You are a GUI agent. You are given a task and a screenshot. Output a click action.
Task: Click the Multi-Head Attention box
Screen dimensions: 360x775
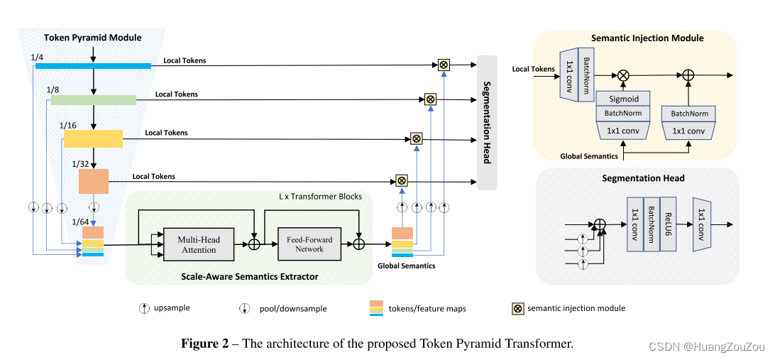click(199, 245)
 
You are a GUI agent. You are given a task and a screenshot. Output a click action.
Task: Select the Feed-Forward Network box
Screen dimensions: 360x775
click(309, 245)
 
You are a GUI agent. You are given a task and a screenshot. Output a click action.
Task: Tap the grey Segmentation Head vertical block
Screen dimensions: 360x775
click(487, 122)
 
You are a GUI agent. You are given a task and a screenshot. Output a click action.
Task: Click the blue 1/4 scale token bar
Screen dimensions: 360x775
click(93, 66)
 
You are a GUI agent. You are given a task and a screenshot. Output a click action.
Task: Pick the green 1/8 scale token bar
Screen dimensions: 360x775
click(93, 100)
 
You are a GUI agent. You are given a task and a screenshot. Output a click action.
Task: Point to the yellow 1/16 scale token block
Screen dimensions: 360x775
click(93, 138)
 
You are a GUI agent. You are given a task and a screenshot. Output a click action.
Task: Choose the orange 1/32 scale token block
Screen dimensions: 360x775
click(93, 181)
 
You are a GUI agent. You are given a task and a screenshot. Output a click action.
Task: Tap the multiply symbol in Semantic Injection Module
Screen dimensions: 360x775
click(623, 74)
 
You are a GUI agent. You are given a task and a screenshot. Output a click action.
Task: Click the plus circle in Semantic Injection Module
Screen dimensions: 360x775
click(688, 74)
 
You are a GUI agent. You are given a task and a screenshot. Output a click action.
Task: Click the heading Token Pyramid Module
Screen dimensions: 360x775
click(92, 38)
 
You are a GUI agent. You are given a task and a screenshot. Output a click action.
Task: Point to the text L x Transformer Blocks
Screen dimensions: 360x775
click(320, 197)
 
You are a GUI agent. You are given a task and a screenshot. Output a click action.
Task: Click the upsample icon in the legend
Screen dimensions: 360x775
click(145, 308)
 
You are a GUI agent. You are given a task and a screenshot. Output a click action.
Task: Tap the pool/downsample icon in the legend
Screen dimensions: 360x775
click(243, 308)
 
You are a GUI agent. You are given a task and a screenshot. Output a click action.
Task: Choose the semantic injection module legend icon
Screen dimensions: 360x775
click(517, 308)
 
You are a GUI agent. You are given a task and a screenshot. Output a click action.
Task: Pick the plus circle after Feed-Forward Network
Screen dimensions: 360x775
click(359, 244)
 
